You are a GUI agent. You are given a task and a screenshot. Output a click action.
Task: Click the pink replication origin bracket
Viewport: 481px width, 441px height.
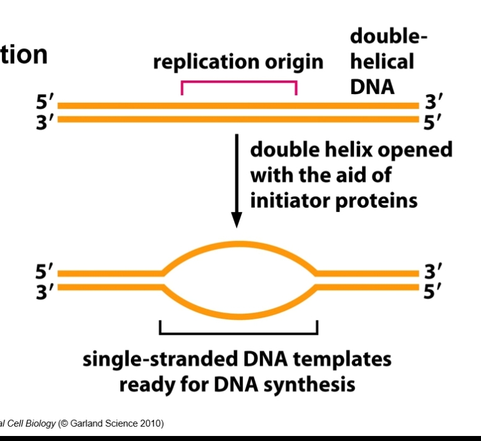pyautogui.click(x=239, y=82)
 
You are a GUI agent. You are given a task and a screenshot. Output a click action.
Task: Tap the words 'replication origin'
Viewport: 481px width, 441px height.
pyautogui.click(x=238, y=62)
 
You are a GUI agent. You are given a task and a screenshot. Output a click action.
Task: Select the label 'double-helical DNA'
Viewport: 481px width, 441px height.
pyautogui.click(x=382, y=61)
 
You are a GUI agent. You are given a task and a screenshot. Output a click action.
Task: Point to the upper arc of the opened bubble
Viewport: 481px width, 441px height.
pyautogui.click(x=238, y=243)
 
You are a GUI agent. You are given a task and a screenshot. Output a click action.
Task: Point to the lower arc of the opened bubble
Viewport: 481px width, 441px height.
pyautogui.click(x=238, y=313)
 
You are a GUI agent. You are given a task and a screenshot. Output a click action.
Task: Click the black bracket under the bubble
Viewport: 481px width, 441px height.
pyautogui.click(x=238, y=331)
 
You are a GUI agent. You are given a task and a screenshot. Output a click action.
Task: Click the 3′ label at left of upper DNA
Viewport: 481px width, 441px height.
pyautogui.click(x=45, y=120)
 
